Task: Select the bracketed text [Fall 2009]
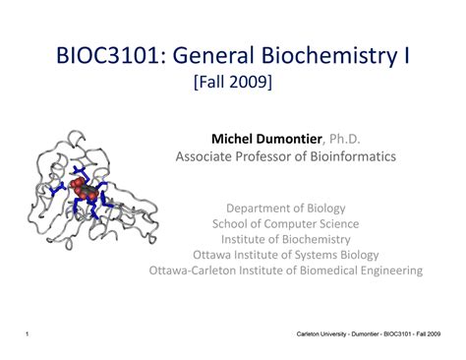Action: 234,86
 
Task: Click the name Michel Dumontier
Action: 264,137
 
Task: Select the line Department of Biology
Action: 287,209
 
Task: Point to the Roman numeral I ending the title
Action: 404,57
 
